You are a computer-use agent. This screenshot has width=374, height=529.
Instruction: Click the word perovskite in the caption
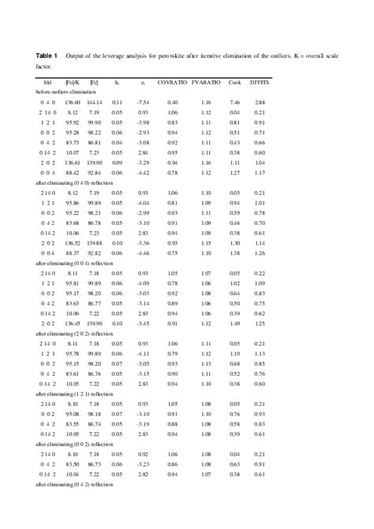[179, 56]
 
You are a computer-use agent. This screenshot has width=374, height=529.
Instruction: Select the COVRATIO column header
[173, 83]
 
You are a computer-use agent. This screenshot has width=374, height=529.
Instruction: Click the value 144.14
[94, 103]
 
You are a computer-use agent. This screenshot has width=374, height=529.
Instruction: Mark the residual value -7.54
[144, 103]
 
